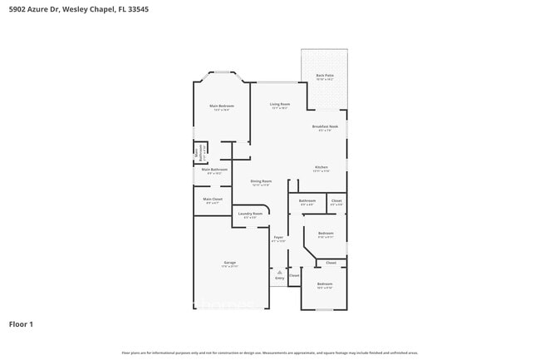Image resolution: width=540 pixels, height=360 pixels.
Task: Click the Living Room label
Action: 279,104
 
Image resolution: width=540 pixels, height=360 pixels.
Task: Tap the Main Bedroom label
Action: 221,106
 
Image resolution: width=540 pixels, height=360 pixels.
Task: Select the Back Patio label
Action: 324,76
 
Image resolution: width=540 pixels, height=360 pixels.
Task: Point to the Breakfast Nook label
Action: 325,126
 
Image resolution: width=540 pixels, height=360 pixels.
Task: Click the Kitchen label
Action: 322,166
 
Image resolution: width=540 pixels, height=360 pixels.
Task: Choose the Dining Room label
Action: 262,180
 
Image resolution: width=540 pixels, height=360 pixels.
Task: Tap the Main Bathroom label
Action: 214,169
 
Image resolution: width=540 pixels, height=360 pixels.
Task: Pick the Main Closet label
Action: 213,199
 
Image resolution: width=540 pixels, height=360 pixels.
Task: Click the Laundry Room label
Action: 250,214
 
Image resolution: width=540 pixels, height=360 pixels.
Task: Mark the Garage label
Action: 229,263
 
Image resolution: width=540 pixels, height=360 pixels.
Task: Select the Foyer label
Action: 278,238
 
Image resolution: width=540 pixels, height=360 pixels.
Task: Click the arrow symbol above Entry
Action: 280,272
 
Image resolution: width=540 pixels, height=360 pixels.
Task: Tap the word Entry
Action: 280,278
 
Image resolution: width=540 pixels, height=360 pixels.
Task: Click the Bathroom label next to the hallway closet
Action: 307,200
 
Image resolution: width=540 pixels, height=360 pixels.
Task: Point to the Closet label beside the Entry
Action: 294,275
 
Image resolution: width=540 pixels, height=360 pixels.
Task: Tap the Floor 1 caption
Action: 21,323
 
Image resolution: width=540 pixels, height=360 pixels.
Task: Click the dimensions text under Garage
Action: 229,267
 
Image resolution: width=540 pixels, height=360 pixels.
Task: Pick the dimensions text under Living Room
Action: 279,108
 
